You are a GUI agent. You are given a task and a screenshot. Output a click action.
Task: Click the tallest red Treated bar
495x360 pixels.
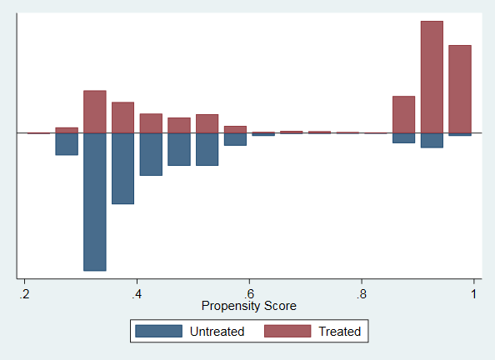(432, 77)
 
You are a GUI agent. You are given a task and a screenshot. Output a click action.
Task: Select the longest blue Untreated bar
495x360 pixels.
(95, 202)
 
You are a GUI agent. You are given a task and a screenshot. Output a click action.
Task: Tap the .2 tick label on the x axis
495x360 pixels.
(24, 294)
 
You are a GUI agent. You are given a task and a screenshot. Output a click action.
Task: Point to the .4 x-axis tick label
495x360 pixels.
(137, 294)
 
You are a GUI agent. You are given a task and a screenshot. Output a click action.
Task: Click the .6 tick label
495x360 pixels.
(249, 294)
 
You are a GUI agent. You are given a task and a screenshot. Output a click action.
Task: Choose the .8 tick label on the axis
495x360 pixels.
(362, 294)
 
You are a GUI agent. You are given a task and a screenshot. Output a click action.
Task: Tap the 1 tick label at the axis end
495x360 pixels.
(473, 294)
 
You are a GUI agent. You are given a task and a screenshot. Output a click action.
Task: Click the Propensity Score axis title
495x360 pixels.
(249, 306)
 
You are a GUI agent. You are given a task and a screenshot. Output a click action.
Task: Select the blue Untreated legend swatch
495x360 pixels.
(159, 332)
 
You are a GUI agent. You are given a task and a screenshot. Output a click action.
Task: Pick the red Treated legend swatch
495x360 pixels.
(287, 332)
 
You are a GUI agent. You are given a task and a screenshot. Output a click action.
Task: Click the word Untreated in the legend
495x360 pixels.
(217, 332)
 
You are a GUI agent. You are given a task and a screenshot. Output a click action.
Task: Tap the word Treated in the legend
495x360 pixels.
(340, 332)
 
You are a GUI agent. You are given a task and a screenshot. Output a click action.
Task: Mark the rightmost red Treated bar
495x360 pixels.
(460, 89)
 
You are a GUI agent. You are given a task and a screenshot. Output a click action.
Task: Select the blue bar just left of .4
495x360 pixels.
(122, 168)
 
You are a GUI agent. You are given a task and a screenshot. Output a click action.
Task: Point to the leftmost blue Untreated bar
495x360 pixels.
(67, 144)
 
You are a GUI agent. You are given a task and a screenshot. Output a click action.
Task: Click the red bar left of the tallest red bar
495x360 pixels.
(404, 115)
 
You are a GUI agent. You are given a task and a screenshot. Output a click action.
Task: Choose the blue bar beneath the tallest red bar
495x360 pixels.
(432, 141)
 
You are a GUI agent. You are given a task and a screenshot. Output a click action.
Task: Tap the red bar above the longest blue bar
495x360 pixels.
(95, 112)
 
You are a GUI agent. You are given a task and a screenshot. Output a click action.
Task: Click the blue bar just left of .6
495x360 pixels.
(235, 139)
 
